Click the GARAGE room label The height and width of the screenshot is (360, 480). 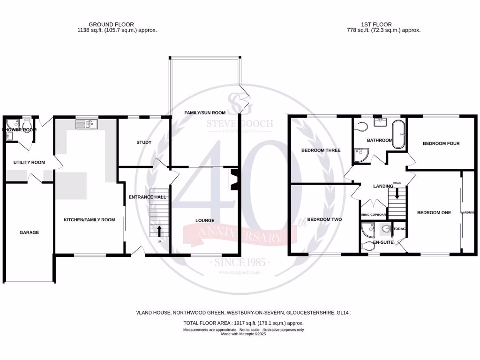(29, 232)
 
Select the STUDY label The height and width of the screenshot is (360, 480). (143, 142)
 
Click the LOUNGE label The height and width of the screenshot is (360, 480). (205, 220)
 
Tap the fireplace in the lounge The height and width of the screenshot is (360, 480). (232, 180)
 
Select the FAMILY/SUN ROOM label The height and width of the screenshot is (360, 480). (204, 112)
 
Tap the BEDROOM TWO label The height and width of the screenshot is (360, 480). (324, 219)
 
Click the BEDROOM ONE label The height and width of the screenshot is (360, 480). (434, 212)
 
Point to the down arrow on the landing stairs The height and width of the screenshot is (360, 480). (397, 193)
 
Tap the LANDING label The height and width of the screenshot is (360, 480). (382, 186)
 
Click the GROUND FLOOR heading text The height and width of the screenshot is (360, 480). (111, 24)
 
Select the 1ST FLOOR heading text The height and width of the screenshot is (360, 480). (376, 24)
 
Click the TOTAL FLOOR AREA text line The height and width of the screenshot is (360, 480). (243, 323)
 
